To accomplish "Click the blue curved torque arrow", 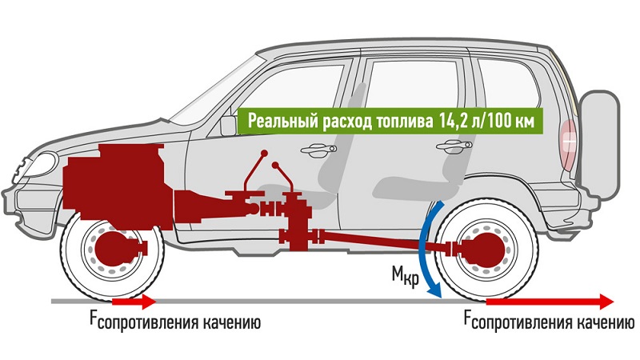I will click(425, 248).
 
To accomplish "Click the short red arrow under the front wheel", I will click(134, 302).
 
